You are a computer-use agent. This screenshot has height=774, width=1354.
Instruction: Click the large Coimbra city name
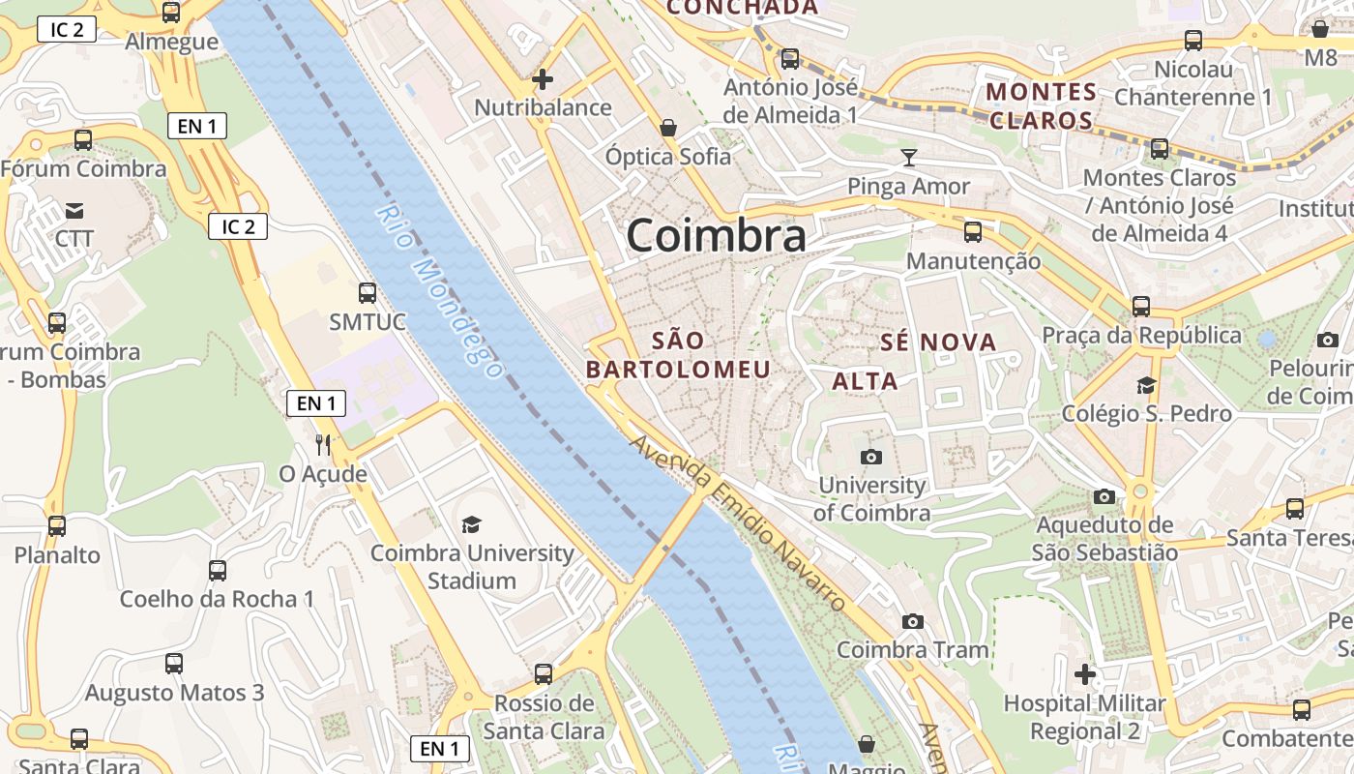click(x=716, y=235)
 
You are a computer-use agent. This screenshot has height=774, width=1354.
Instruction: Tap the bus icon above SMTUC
click(x=368, y=292)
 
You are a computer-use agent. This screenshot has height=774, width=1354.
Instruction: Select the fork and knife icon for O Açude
click(x=323, y=445)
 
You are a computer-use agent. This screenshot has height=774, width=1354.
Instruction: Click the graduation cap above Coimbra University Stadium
click(x=471, y=524)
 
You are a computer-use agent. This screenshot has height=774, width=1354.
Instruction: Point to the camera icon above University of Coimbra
click(x=871, y=457)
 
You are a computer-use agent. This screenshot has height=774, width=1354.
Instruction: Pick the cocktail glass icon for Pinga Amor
click(x=908, y=157)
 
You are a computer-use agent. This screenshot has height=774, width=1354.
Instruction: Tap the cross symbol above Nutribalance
click(x=544, y=78)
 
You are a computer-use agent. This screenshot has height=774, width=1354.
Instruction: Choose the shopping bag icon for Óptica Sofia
click(x=667, y=127)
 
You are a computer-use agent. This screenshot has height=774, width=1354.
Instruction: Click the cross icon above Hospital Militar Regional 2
click(x=1085, y=673)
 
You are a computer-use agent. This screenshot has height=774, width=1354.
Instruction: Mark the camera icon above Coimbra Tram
click(x=912, y=621)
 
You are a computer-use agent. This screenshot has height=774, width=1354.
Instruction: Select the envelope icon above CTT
click(x=74, y=210)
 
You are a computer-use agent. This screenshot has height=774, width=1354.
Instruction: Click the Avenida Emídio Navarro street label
click(x=739, y=522)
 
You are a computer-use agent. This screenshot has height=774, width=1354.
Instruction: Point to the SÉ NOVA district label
click(x=938, y=342)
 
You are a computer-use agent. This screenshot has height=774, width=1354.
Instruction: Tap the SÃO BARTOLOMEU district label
click(x=678, y=355)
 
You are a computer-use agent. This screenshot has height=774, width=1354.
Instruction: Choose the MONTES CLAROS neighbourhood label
click(x=1040, y=106)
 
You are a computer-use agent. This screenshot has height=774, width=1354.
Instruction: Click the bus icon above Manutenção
click(x=973, y=232)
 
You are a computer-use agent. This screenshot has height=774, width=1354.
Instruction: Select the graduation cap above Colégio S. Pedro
click(x=1146, y=385)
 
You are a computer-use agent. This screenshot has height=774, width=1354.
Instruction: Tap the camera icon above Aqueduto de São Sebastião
click(x=1104, y=497)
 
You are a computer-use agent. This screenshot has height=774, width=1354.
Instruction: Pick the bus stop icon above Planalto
click(x=57, y=526)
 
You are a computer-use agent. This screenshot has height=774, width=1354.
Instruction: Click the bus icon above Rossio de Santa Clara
click(x=544, y=673)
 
